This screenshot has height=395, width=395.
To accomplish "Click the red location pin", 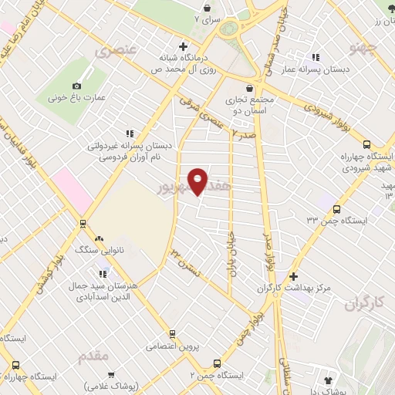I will (198, 181).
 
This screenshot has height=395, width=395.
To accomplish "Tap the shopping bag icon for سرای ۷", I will (215, 4).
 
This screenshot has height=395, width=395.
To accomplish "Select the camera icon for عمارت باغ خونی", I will (76, 86).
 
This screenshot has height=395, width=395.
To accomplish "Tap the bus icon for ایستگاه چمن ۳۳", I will (336, 208).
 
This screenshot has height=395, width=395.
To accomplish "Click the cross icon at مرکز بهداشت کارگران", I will (292, 276).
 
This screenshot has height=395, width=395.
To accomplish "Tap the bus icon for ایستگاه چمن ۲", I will (217, 363).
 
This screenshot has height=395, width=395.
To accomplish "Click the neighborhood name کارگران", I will (359, 303).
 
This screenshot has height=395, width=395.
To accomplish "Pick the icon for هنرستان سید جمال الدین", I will (103, 272).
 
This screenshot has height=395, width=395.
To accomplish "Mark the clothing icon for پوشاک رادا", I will (329, 381).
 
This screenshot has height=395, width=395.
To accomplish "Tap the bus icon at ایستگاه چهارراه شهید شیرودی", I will (366, 144).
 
